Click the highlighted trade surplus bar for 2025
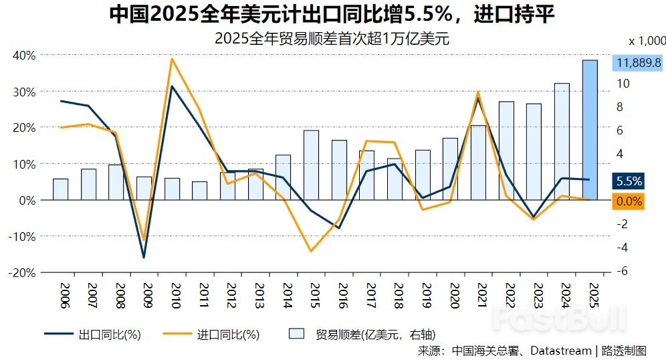tap(590, 129)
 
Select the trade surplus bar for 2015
tap(311, 165)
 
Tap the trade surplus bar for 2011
tap(199, 190)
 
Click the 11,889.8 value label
tap(639, 63)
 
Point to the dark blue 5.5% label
tap(629, 181)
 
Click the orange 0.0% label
tap(629, 201)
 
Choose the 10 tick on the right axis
tap(622, 84)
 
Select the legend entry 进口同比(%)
tap(228, 334)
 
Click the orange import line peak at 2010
tap(172, 59)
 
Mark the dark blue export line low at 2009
tap(144, 257)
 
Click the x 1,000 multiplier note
tap(647, 40)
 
